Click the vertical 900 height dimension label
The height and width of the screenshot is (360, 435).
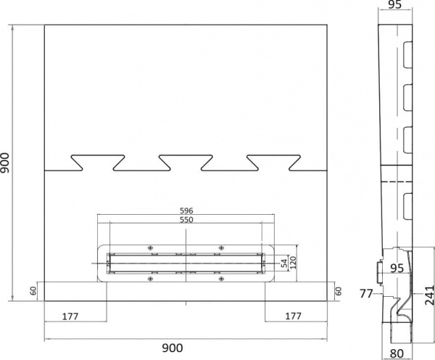(5, 163)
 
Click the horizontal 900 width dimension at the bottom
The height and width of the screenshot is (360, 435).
(173, 348)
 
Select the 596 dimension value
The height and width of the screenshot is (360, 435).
(186, 210)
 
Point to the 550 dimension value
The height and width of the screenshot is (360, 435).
(186, 220)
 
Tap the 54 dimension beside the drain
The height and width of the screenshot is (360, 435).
(284, 263)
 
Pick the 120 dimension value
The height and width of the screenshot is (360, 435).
(293, 263)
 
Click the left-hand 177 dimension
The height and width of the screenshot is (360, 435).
(70, 316)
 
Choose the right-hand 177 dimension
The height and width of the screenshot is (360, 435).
(293, 316)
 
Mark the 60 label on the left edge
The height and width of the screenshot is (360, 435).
(33, 291)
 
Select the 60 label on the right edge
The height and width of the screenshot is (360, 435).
(339, 291)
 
